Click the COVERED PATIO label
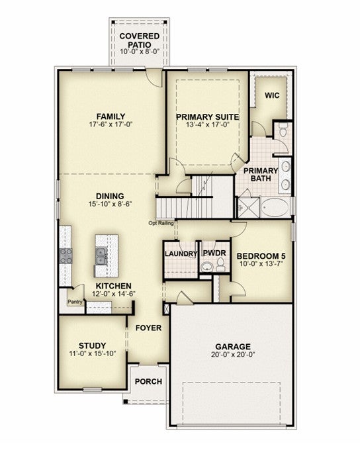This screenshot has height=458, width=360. pyautogui.click(x=139, y=40)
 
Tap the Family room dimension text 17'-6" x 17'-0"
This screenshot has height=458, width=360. pyautogui.click(x=111, y=124)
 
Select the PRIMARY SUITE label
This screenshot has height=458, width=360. pyautogui.click(x=208, y=117)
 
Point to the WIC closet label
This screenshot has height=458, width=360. pyautogui.click(x=272, y=95)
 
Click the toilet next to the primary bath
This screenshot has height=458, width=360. pyautogui.click(x=283, y=130)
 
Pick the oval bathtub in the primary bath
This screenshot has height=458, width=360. pyautogui.click(x=275, y=207)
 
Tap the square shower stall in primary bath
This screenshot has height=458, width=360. pyautogui.click(x=248, y=207)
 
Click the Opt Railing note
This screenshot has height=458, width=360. pyautogui.click(x=161, y=223)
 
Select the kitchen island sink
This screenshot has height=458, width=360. pyautogui.click(x=101, y=256)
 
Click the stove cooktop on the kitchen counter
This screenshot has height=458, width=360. pyautogui.click(x=66, y=256)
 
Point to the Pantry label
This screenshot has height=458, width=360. pyautogui.click(x=75, y=302)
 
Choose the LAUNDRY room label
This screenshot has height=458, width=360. pyautogui.click(x=181, y=253)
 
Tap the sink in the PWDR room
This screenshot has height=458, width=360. pyautogui.click(x=208, y=267)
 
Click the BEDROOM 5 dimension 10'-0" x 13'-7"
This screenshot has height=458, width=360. pyautogui.click(x=261, y=264)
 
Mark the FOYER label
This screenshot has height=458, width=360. pyautogui.click(x=148, y=328)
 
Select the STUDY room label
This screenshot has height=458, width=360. pyautogui.click(x=92, y=346)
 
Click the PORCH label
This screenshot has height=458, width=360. pyautogui.click(x=148, y=381)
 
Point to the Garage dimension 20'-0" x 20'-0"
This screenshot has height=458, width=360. pyautogui.click(x=233, y=355)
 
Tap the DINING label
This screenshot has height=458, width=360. pyautogui.click(x=110, y=196)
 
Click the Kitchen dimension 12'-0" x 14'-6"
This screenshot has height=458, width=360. pyautogui.click(x=114, y=294)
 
